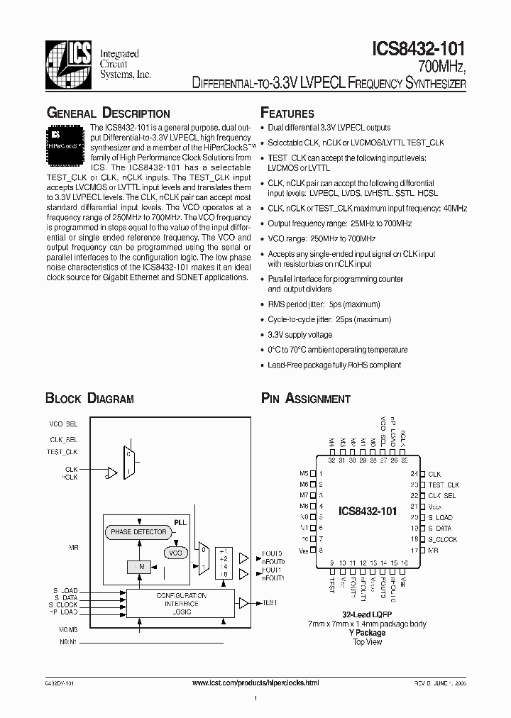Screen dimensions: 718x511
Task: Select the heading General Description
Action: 108,114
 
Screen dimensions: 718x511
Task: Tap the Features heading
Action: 287,114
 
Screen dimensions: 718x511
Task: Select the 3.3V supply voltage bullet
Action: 300,334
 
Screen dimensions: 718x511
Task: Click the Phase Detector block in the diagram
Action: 138,531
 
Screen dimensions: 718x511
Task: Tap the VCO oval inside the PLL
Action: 176,552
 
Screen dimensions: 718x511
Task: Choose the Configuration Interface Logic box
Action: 181,602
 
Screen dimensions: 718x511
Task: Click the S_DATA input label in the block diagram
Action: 65,597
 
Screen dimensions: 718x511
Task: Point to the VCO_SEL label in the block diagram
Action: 62,424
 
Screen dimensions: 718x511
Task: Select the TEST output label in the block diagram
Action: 270,602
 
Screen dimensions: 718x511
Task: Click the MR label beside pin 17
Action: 433,550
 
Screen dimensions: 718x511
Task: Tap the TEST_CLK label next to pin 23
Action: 444,485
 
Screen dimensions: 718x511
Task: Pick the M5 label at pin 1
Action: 304,474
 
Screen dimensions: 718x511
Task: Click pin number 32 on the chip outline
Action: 331,460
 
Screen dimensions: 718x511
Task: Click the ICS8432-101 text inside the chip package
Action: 367,511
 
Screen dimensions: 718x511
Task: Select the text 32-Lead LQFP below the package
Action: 367,614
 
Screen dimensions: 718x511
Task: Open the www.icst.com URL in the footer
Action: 255,683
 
